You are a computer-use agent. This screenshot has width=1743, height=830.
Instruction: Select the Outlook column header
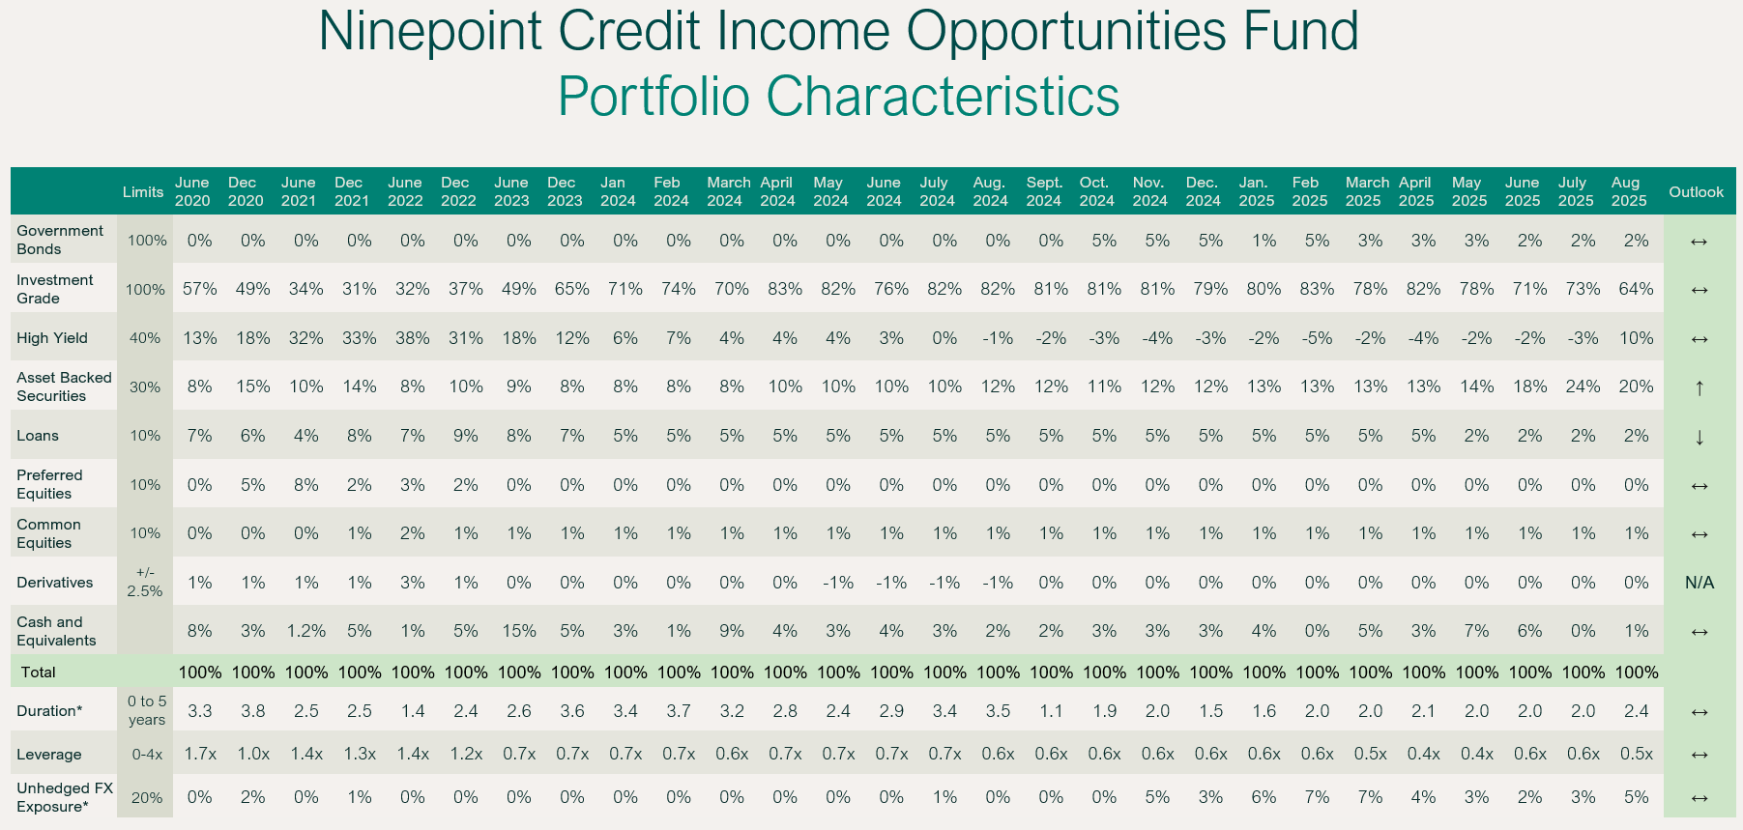coord(1696,191)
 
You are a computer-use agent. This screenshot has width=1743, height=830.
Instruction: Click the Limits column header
coord(143,191)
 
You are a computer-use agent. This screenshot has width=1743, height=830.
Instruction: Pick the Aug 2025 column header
coord(1629,191)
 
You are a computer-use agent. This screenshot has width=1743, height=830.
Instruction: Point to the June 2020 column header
coord(192,191)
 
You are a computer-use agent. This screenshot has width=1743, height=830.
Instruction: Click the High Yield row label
coord(52,338)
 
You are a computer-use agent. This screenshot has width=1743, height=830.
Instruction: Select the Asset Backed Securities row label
coord(64,386)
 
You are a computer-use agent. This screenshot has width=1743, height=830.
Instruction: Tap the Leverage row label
coord(49,755)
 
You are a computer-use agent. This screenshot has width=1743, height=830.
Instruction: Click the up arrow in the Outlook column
coord(1699,387)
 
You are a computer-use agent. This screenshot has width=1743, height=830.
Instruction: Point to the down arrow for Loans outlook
coord(1699,437)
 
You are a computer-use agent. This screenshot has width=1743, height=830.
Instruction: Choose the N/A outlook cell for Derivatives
coord(1699,583)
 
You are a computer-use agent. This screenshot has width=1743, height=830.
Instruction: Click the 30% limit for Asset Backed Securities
coord(145,386)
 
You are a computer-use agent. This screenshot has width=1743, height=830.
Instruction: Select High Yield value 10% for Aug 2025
coord(1636,338)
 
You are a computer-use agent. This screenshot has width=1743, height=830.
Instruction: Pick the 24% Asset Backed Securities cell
coord(1583,386)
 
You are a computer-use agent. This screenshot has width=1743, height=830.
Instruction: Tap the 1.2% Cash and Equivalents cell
coord(306,631)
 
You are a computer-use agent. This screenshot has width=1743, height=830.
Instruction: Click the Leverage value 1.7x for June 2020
coord(200,754)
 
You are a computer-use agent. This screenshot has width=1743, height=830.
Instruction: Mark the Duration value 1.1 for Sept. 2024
coord(1051,711)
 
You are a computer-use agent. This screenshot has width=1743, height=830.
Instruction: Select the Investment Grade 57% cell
coord(200,289)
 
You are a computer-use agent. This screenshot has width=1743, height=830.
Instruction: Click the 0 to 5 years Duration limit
coord(147,710)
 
